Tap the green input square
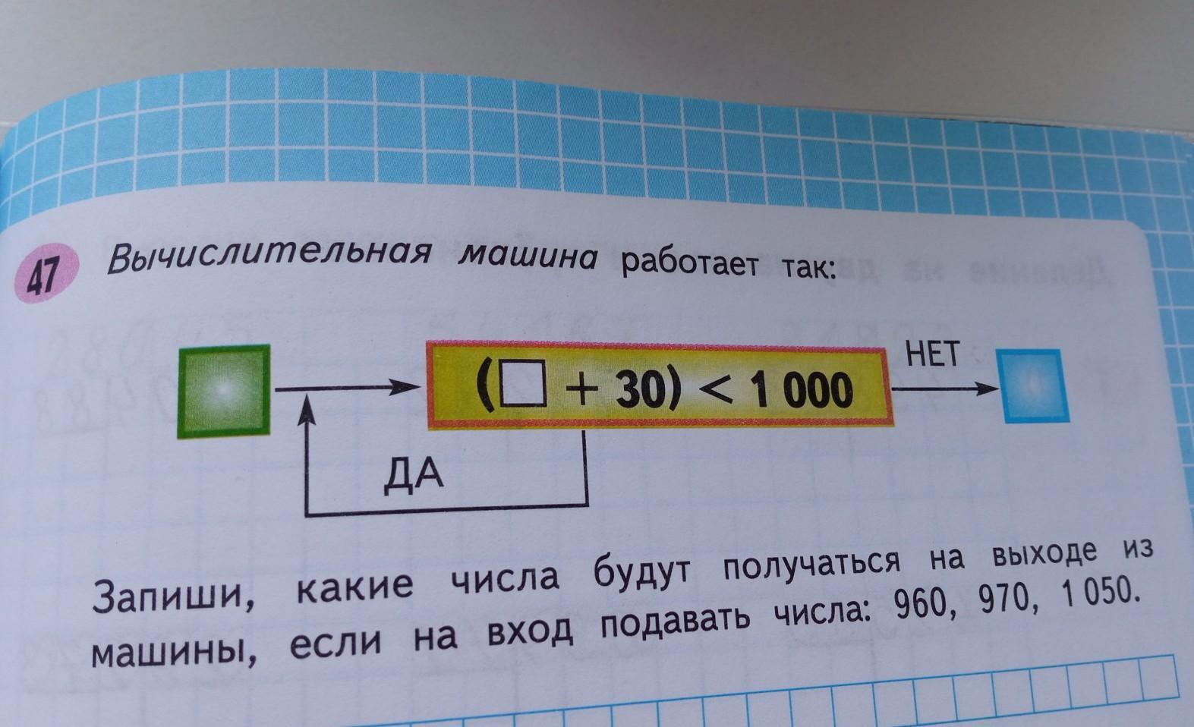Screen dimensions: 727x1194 [224, 391]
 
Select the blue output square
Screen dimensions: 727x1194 [1032, 386]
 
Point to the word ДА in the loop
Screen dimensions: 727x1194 [414, 476]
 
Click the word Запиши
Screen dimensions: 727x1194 [174, 596]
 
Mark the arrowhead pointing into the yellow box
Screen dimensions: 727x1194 [411, 389]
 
